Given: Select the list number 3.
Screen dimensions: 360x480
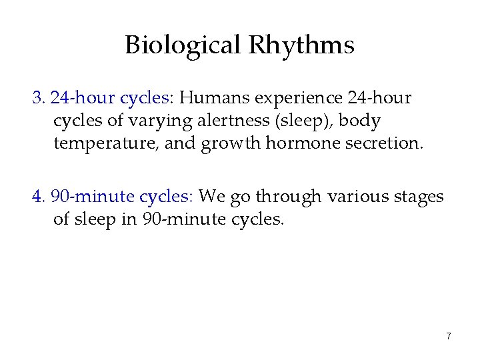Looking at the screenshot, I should (37, 99).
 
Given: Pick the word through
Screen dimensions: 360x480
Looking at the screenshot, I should (290, 197).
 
